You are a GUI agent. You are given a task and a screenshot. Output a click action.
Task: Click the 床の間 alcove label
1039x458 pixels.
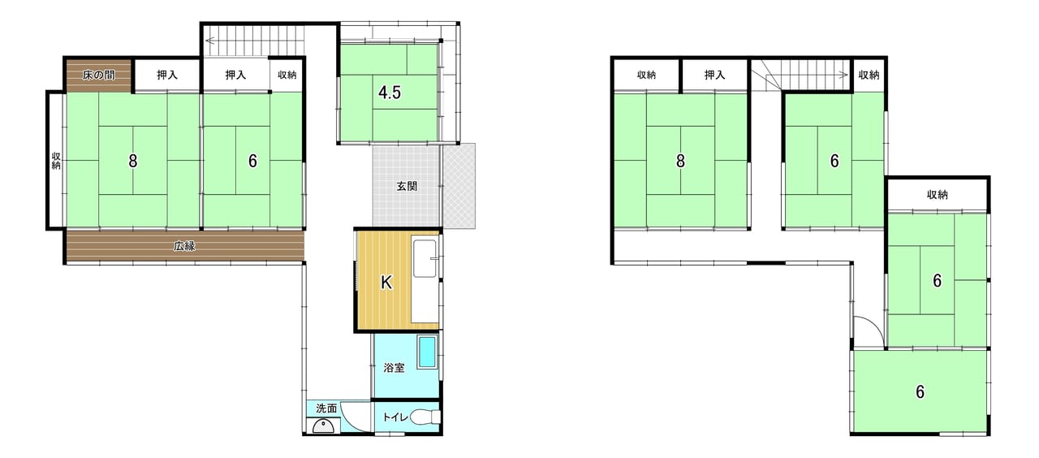pyautogui.click(x=99, y=76)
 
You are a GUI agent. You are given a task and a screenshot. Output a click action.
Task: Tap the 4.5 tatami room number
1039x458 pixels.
pyautogui.click(x=390, y=93)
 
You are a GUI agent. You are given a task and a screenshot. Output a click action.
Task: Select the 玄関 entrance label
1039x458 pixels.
pyautogui.click(x=407, y=187)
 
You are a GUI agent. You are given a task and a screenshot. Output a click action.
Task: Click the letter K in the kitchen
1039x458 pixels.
pyautogui.click(x=386, y=282)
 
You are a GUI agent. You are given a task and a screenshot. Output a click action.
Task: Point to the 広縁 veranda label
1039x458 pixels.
pyautogui.click(x=184, y=246)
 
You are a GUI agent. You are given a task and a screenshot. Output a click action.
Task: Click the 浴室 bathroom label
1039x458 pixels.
pyautogui.click(x=394, y=368)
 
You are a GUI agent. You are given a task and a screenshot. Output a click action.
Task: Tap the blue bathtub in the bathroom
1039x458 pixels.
pyautogui.click(x=427, y=352)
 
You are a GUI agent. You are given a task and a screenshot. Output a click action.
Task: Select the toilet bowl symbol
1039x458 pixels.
pyautogui.click(x=425, y=417)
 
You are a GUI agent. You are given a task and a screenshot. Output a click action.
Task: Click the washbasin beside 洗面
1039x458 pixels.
pyautogui.click(x=323, y=426)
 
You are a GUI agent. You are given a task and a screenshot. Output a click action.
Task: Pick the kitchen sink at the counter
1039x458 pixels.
pyautogui.click(x=425, y=258)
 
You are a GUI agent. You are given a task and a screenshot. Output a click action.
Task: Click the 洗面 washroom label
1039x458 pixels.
pyautogui.click(x=326, y=408)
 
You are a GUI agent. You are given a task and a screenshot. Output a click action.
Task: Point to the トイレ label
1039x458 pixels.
pyautogui.click(x=394, y=417)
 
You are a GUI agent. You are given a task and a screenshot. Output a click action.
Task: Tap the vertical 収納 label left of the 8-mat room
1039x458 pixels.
pyautogui.click(x=56, y=161)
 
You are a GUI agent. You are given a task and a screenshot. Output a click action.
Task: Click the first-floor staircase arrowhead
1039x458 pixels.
pyautogui.click(x=209, y=41)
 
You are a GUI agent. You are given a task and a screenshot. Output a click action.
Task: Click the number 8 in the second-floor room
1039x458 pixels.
pyautogui.click(x=680, y=161)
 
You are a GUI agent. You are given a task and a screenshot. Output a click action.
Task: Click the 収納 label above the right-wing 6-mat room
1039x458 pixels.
pyautogui.click(x=937, y=195)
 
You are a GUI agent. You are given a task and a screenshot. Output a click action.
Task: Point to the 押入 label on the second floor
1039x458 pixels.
pyautogui.click(x=714, y=76)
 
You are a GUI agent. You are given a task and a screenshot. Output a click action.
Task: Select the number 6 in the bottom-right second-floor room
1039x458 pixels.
pyautogui.click(x=920, y=392)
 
